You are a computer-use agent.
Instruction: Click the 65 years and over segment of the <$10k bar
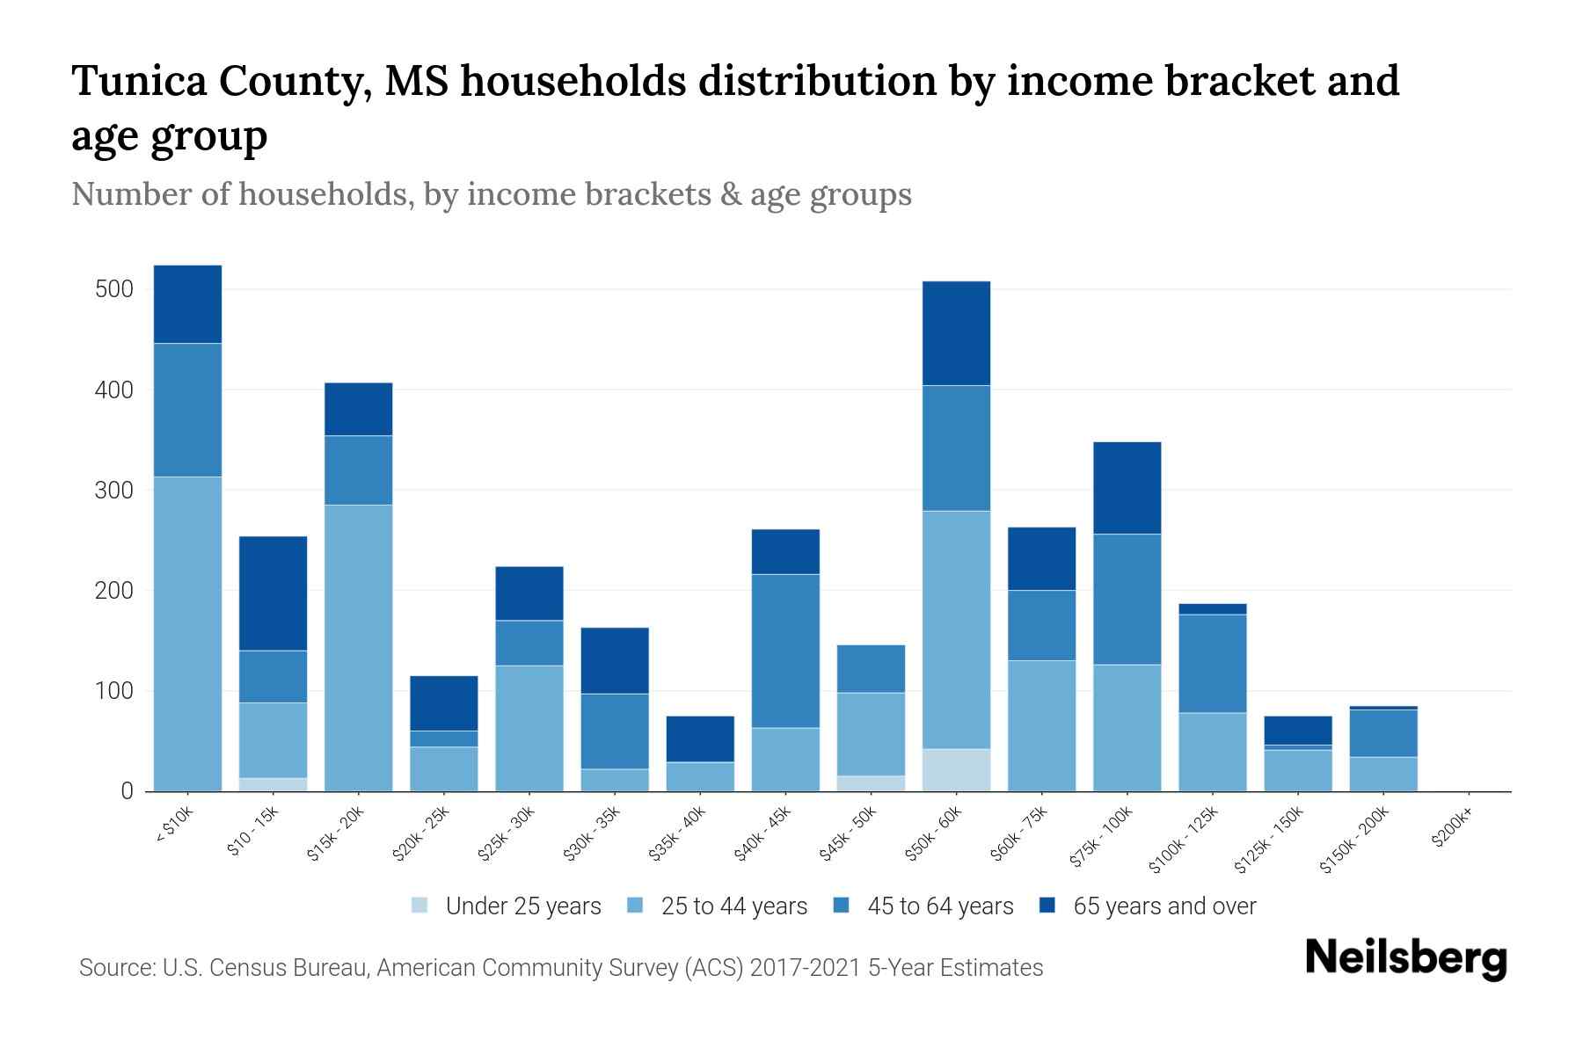(x=187, y=304)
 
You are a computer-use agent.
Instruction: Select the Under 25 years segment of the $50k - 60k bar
(x=956, y=770)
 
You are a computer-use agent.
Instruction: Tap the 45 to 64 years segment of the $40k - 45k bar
(x=785, y=651)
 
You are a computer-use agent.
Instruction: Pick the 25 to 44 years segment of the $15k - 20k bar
(x=358, y=648)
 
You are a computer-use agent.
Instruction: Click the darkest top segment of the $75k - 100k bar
(x=1127, y=488)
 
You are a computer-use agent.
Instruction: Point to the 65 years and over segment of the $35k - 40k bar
(x=700, y=739)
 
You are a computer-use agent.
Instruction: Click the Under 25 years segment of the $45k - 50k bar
(x=871, y=783)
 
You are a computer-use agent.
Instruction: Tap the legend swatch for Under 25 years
(x=420, y=906)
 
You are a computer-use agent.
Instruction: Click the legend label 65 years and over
(x=1164, y=906)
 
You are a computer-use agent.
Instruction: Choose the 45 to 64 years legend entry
(x=939, y=906)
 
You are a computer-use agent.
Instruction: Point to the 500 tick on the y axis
(x=113, y=289)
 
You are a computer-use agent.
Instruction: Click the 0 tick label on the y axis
(x=127, y=791)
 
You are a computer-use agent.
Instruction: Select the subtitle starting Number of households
(x=491, y=194)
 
